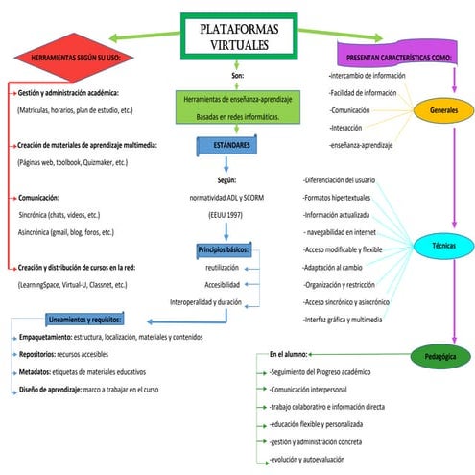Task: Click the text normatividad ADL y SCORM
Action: pyautogui.click(x=226, y=196)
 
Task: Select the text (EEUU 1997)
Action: pyautogui.click(x=226, y=213)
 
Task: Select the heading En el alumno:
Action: pyautogui.click(x=294, y=353)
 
